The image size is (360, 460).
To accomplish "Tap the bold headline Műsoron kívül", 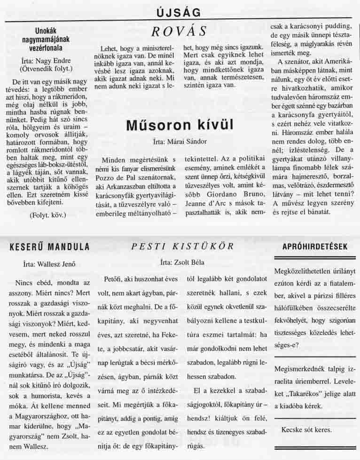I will point(180,125).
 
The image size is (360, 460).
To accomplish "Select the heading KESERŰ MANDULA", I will point(49,247).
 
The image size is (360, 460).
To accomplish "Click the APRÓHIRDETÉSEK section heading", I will point(315,246).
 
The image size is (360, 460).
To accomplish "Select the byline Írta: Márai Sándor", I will point(180,141).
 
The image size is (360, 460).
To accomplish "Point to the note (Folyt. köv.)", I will point(47,215).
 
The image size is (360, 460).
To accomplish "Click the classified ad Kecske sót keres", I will point(306,430).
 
